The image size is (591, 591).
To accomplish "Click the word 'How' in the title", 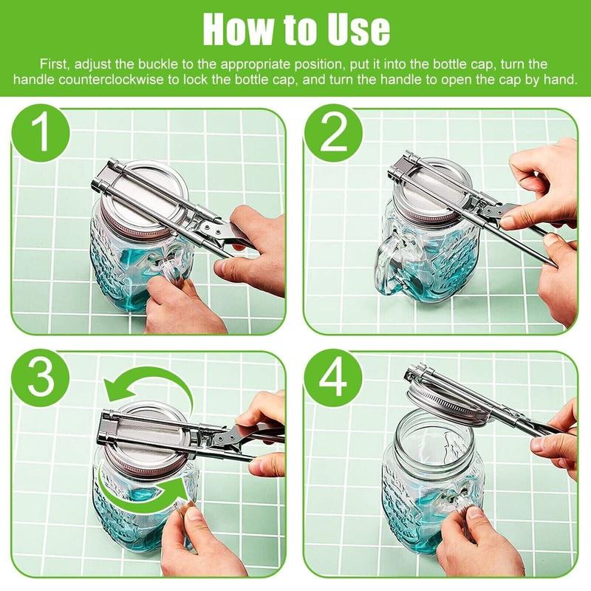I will click(x=237, y=29).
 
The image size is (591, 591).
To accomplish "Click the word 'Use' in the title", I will click(x=358, y=29).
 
